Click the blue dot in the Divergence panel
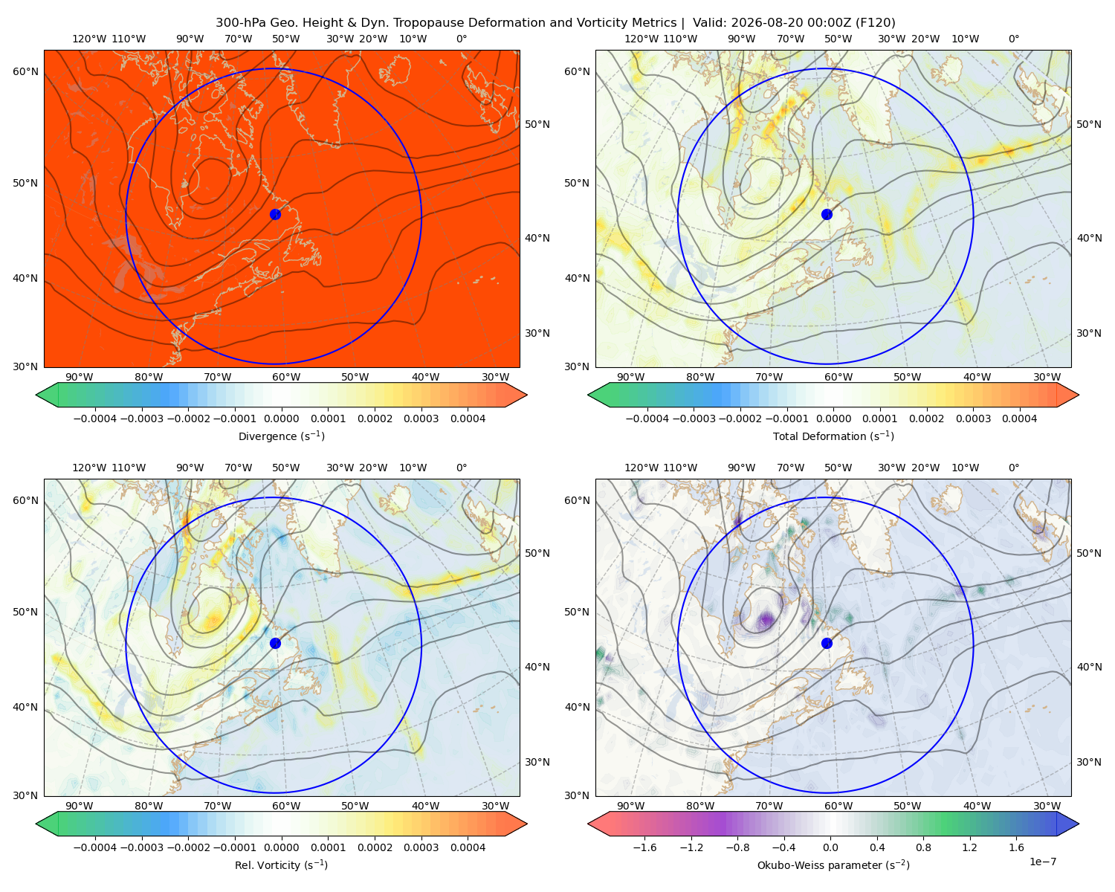click(x=275, y=214)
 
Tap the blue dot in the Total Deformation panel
click(x=827, y=214)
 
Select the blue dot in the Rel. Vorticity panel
click(x=275, y=643)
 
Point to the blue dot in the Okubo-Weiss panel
click(x=827, y=643)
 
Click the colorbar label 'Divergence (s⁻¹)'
click(x=281, y=436)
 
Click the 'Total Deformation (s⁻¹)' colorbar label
click(x=833, y=436)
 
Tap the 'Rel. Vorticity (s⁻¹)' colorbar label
click(x=281, y=864)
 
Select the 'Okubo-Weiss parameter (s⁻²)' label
click(x=833, y=864)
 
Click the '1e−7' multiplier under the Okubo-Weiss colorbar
click(x=1042, y=862)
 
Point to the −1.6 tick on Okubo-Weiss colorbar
click(x=644, y=847)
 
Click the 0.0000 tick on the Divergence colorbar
click(x=281, y=418)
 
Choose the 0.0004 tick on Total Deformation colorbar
click(x=1019, y=418)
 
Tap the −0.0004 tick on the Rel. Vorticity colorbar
click(x=95, y=847)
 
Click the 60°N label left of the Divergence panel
click(x=25, y=71)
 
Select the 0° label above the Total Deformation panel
click(x=1013, y=39)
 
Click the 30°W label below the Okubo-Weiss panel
click(x=1047, y=806)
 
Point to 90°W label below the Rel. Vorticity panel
click(x=80, y=806)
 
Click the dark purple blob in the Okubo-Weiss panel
click(x=766, y=619)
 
